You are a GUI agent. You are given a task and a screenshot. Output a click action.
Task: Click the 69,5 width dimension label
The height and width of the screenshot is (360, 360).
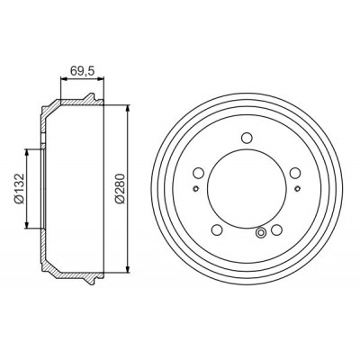click(82, 71)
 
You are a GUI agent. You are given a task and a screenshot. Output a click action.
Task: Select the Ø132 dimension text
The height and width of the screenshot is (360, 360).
click(20, 189)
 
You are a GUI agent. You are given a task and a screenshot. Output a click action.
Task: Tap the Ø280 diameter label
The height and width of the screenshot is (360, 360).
click(121, 189)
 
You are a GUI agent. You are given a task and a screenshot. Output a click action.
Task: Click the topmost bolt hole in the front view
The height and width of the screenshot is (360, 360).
click(247, 138)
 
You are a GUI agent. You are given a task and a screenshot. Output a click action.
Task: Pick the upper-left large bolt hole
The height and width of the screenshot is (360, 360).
click(199, 173)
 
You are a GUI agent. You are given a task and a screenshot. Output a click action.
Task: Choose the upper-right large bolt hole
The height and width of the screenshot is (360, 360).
click(295, 173)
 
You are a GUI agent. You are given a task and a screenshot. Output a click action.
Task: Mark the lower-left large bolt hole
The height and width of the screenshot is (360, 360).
click(217, 229)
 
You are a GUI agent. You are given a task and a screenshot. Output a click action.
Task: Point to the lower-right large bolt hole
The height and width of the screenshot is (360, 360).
click(276, 229)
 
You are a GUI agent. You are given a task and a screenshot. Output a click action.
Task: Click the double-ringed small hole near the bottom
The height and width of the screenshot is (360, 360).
click(261, 232)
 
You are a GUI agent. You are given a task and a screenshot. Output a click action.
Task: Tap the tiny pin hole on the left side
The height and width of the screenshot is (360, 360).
click(195, 189)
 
